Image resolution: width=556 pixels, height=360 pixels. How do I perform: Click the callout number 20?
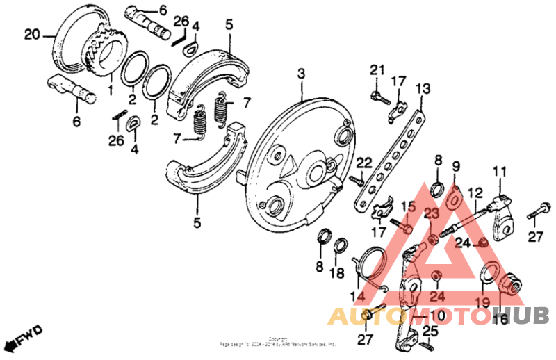tap(32, 34)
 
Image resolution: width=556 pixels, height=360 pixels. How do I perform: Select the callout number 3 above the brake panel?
tap(301, 74)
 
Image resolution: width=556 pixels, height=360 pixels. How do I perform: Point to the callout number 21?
tap(377, 69)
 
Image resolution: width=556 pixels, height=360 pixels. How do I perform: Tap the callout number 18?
tap(337, 273)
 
